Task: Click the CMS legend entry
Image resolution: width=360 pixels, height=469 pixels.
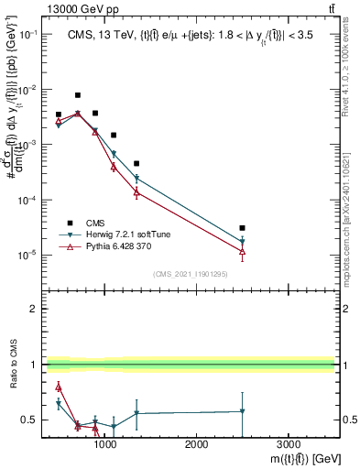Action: (x=94, y=223)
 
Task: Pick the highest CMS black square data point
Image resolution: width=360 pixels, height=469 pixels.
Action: (x=78, y=95)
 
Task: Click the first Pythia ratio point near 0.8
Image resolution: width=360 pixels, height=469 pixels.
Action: (x=59, y=387)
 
